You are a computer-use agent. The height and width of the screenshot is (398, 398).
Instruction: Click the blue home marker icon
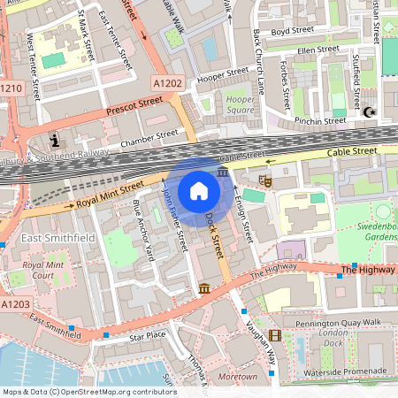tap(199, 191)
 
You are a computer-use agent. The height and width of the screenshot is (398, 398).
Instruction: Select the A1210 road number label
tap(11, 88)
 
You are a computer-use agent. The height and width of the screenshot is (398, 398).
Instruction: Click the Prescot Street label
tap(134, 107)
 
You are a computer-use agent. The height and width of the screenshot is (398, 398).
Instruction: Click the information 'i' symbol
tap(55, 141)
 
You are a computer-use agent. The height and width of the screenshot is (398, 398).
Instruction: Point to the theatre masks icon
tap(264, 180)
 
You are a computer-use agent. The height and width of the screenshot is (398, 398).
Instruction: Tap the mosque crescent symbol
tap(368, 112)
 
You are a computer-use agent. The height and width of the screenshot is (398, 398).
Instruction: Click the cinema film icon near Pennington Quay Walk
tap(275, 335)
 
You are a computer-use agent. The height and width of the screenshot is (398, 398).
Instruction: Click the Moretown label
tap(237, 378)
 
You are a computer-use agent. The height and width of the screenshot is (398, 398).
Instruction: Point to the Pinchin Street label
tap(321, 120)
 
